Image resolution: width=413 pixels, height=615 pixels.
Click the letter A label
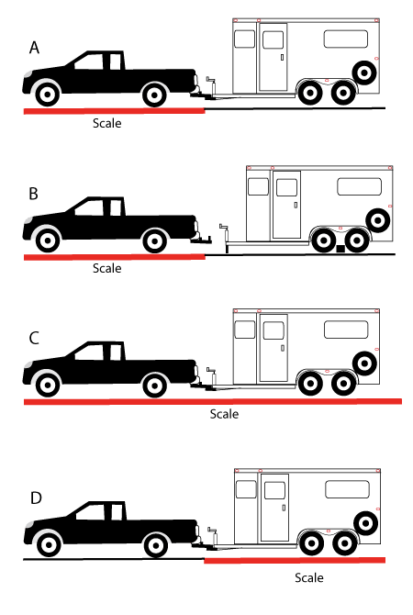(34, 48)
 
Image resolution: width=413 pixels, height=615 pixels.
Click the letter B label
(34, 194)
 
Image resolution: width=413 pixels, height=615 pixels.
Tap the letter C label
(34, 338)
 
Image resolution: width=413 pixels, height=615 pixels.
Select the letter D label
(36, 498)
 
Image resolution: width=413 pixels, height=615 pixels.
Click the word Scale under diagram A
(107, 123)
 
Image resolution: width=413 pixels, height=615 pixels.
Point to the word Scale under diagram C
(224, 414)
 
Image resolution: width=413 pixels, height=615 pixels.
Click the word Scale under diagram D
(309, 577)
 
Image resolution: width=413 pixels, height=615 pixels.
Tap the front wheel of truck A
(48, 95)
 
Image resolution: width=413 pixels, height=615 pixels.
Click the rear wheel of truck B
(154, 240)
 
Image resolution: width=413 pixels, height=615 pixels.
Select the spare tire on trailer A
(364, 73)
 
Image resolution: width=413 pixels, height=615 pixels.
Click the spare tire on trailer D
(365, 523)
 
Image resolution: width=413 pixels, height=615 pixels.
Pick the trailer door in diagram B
(286, 205)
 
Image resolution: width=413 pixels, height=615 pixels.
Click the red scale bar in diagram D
(295, 561)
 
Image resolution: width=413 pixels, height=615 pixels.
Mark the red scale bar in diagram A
(114, 111)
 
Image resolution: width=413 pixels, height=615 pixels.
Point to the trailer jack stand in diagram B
(225, 238)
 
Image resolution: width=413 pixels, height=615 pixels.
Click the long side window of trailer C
(346, 330)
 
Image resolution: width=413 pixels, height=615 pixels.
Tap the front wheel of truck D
(49, 544)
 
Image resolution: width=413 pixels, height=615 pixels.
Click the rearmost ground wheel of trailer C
(343, 383)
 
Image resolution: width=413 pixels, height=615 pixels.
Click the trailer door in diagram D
(274, 508)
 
